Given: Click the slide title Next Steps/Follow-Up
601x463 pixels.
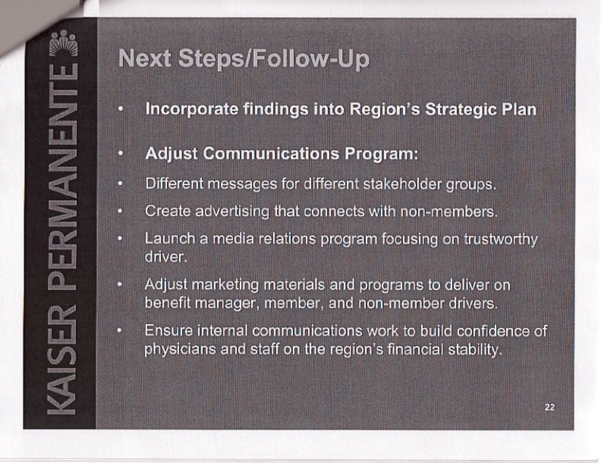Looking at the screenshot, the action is click(x=244, y=59).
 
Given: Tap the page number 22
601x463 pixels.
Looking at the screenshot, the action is click(x=549, y=407).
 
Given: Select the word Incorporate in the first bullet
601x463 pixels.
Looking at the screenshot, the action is click(x=192, y=110).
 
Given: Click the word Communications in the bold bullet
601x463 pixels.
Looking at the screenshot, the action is click(x=271, y=153).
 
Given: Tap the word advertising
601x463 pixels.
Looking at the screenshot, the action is click(x=232, y=212).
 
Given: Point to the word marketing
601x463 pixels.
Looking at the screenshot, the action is click(x=225, y=285).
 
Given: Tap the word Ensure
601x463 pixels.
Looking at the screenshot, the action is click(x=168, y=331).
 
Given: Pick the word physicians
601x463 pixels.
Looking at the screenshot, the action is click(x=180, y=349).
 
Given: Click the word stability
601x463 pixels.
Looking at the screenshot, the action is click(x=475, y=349).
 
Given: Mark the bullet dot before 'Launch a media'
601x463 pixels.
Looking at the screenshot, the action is click(x=120, y=238).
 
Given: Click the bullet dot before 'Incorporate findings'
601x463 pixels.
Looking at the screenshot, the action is click(x=120, y=110).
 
